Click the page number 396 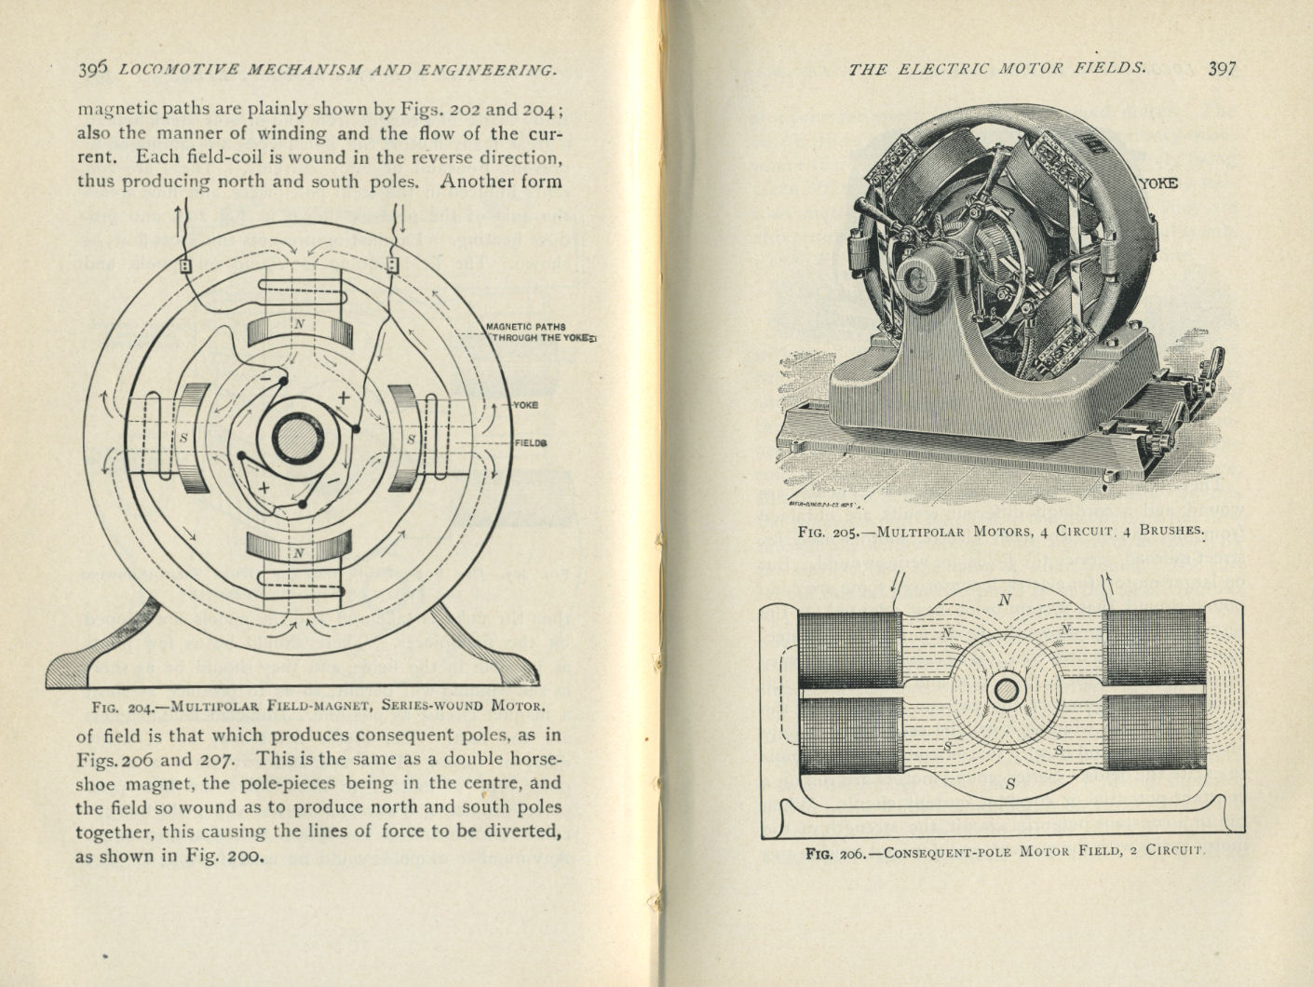point(93,69)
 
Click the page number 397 point(1221,68)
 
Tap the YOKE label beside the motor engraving point(1157,183)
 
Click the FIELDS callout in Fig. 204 point(530,443)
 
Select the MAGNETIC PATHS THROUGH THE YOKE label point(537,332)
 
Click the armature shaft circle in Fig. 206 point(1006,691)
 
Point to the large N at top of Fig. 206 point(1005,601)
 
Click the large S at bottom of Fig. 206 point(1010,784)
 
